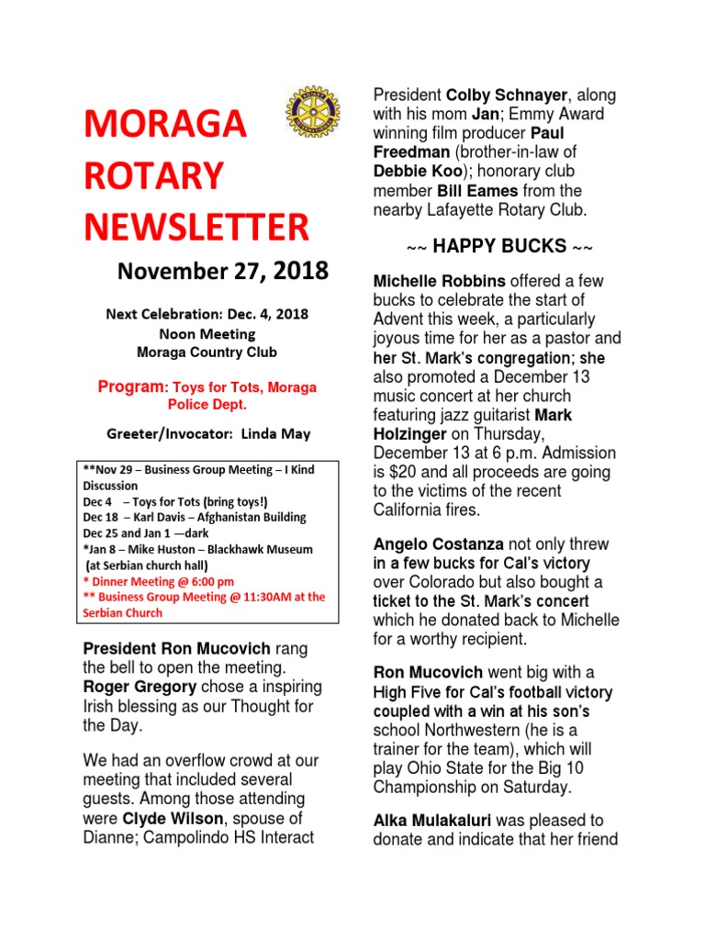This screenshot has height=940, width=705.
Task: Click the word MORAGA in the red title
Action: (166, 125)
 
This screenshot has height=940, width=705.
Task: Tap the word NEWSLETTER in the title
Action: (196, 227)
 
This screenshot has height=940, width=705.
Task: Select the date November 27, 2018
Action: (222, 273)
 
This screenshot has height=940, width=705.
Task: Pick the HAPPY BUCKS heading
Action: (499, 248)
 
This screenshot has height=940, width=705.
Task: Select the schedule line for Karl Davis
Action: (195, 517)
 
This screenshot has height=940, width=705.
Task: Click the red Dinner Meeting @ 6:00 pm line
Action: (158, 581)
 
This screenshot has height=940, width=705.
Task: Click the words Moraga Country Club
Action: (206, 352)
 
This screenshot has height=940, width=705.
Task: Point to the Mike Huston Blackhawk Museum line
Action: (198, 549)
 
